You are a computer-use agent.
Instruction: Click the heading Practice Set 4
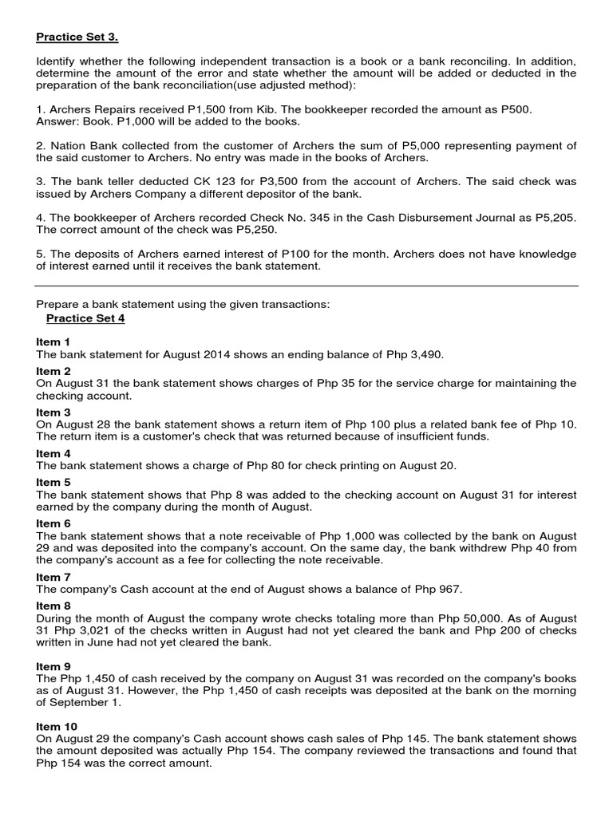click(x=85, y=318)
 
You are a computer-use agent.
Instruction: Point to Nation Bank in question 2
click(x=82, y=146)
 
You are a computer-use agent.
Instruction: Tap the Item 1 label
click(x=53, y=341)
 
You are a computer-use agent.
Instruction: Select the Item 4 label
click(x=53, y=453)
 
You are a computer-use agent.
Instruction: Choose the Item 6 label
click(x=53, y=523)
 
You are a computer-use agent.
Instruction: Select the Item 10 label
click(x=57, y=726)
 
